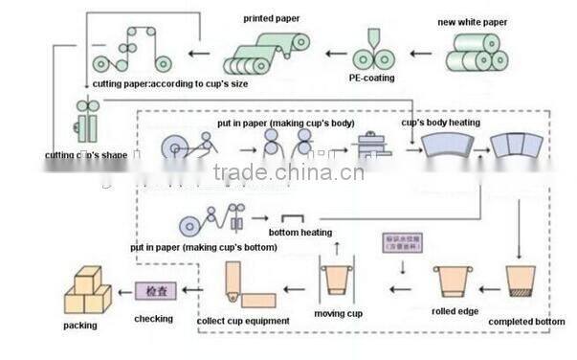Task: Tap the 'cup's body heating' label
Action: (440, 123)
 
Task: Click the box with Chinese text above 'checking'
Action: (154, 288)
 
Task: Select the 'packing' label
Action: (81, 326)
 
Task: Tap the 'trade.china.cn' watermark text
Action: (288, 172)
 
